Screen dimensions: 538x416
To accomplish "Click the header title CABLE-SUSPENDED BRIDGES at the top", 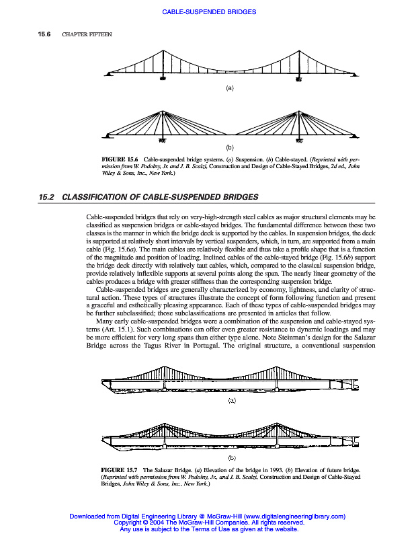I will click(210, 12).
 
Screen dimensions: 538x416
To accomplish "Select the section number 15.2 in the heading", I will click(46, 197).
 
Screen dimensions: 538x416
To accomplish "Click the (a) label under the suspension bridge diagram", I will click(229, 88).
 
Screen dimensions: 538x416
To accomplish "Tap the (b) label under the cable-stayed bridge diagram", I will click(229, 147).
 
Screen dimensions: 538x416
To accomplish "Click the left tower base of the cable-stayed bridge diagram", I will click(162, 141).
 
